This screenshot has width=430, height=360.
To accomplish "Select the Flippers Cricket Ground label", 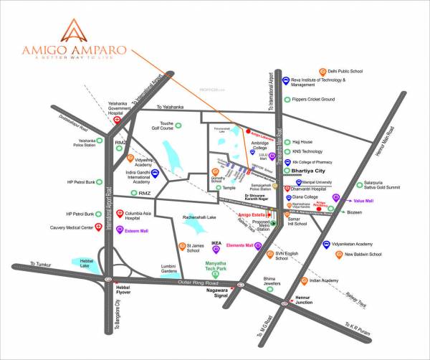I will pos(314,100).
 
